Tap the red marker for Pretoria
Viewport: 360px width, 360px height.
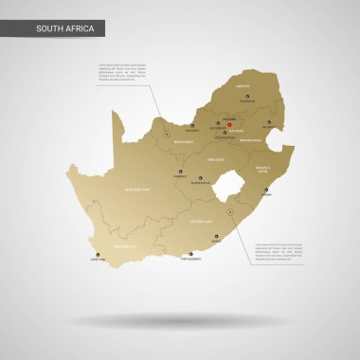point(228,120)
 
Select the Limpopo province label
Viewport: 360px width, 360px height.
point(242,86)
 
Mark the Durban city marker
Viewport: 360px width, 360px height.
point(266,189)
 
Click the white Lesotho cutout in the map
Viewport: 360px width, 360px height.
point(224,195)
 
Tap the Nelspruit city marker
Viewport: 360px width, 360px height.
point(269,122)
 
